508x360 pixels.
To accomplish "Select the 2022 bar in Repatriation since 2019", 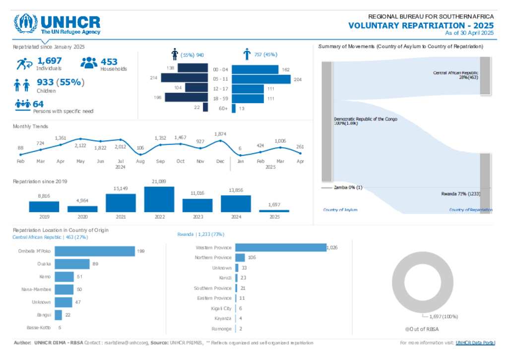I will (x=159, y=199).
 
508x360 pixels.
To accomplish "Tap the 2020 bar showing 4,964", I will (x=83, y=209).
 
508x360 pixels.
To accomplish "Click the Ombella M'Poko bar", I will (x=94, y=251).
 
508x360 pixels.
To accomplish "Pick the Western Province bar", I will (x=280, y=247).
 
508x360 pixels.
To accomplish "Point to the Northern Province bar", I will (x=240, y=257).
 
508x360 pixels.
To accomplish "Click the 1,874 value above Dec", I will (x=220, y=134).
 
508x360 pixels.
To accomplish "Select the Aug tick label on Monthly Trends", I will (x=140, y=161).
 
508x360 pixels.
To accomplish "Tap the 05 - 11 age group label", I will (x=220, y=78).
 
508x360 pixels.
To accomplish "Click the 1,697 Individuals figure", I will (x=49, y=61).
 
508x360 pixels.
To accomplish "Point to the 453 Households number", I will (x=109, y=61).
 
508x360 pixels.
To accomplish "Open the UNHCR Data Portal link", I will (x=475, y=343).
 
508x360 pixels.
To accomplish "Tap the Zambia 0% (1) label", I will (x=348, y=187).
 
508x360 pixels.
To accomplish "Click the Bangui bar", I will (x=58, y=315).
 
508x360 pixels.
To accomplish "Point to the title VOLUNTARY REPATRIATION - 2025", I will (x=421, y=25).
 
